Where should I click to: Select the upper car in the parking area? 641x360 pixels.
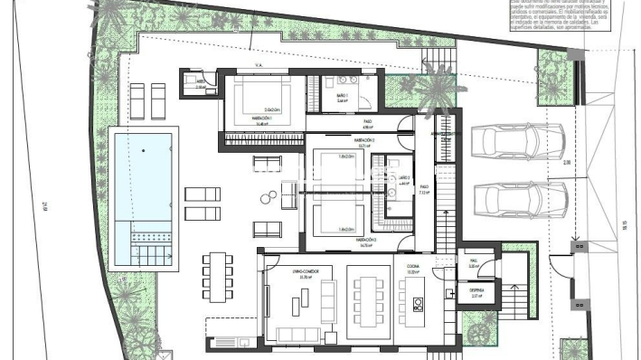click(517, 142)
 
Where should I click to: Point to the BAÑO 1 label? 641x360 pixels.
click(343, 99)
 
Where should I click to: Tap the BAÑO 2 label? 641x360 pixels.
click(404, 179)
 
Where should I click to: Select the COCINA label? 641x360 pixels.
click(412, 269)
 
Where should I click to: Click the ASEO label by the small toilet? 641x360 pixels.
click(201, 81)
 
